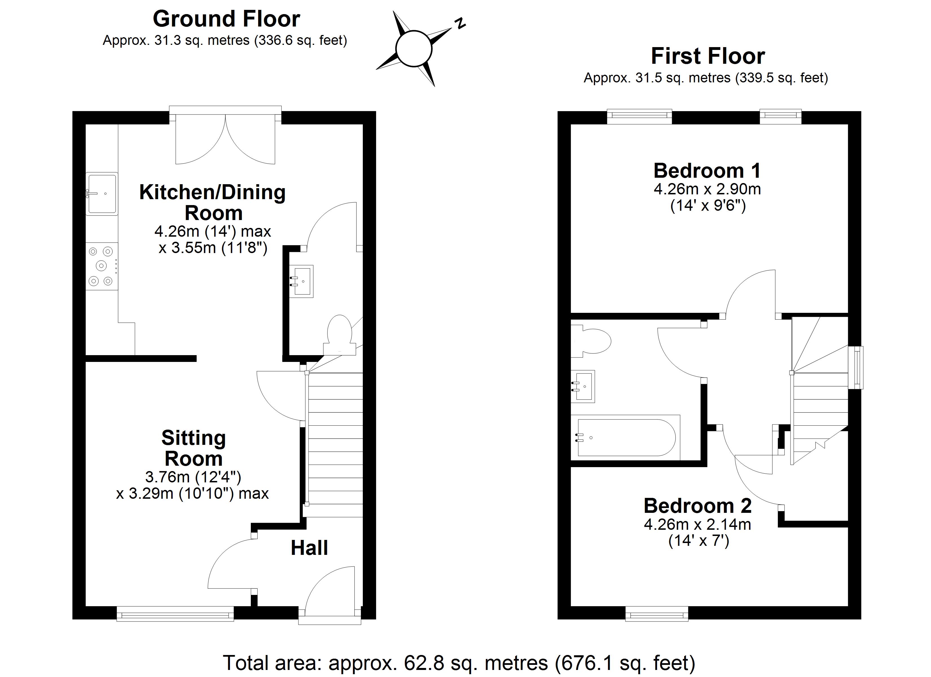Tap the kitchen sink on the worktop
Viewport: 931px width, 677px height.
(102, 194)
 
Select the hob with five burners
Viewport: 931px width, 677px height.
(101, 266)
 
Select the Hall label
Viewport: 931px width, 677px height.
(309, 548)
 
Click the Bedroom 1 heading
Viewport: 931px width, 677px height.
(707, 170)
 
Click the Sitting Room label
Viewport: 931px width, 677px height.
(193, 448)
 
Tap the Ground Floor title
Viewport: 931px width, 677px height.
(226, 19)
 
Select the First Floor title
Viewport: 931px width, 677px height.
(708, 56)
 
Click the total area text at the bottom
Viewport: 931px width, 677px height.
(458, 663)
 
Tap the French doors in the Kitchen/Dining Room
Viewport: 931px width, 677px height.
(225, 138)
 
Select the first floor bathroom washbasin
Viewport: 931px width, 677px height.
(583, 386)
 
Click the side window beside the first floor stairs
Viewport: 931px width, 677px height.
(856, 368)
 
